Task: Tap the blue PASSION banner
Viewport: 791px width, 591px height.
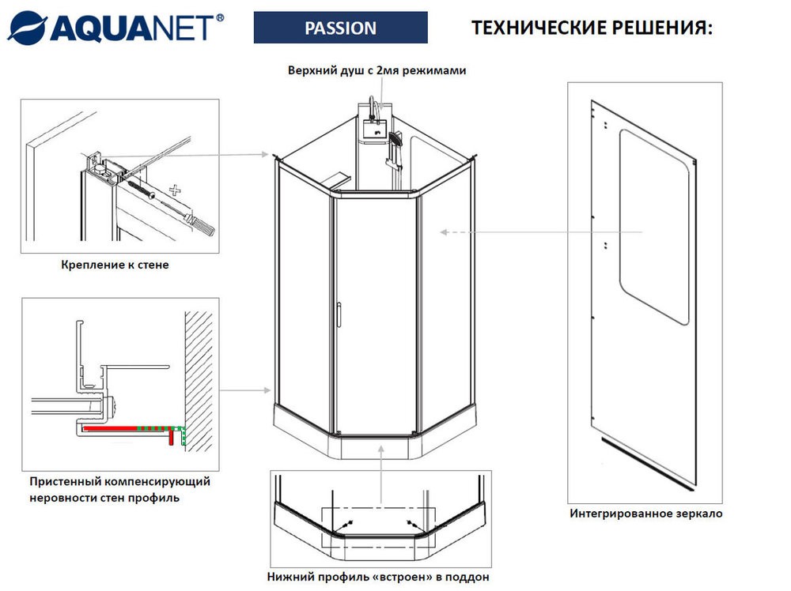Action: click(x=340, y=28)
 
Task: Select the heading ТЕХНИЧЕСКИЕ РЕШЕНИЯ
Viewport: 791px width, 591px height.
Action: click(x=592, y=28)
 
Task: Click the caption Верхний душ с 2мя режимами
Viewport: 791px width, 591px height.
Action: click(x=377, y=70)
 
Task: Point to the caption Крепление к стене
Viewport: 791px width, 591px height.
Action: click(x=115, y=265)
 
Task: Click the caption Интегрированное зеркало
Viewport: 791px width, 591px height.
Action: click(x=645, y=514)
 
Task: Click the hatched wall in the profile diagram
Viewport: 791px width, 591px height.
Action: click(x=202, y=371)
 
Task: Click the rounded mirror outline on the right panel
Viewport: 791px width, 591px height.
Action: click(x=653, y=225)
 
